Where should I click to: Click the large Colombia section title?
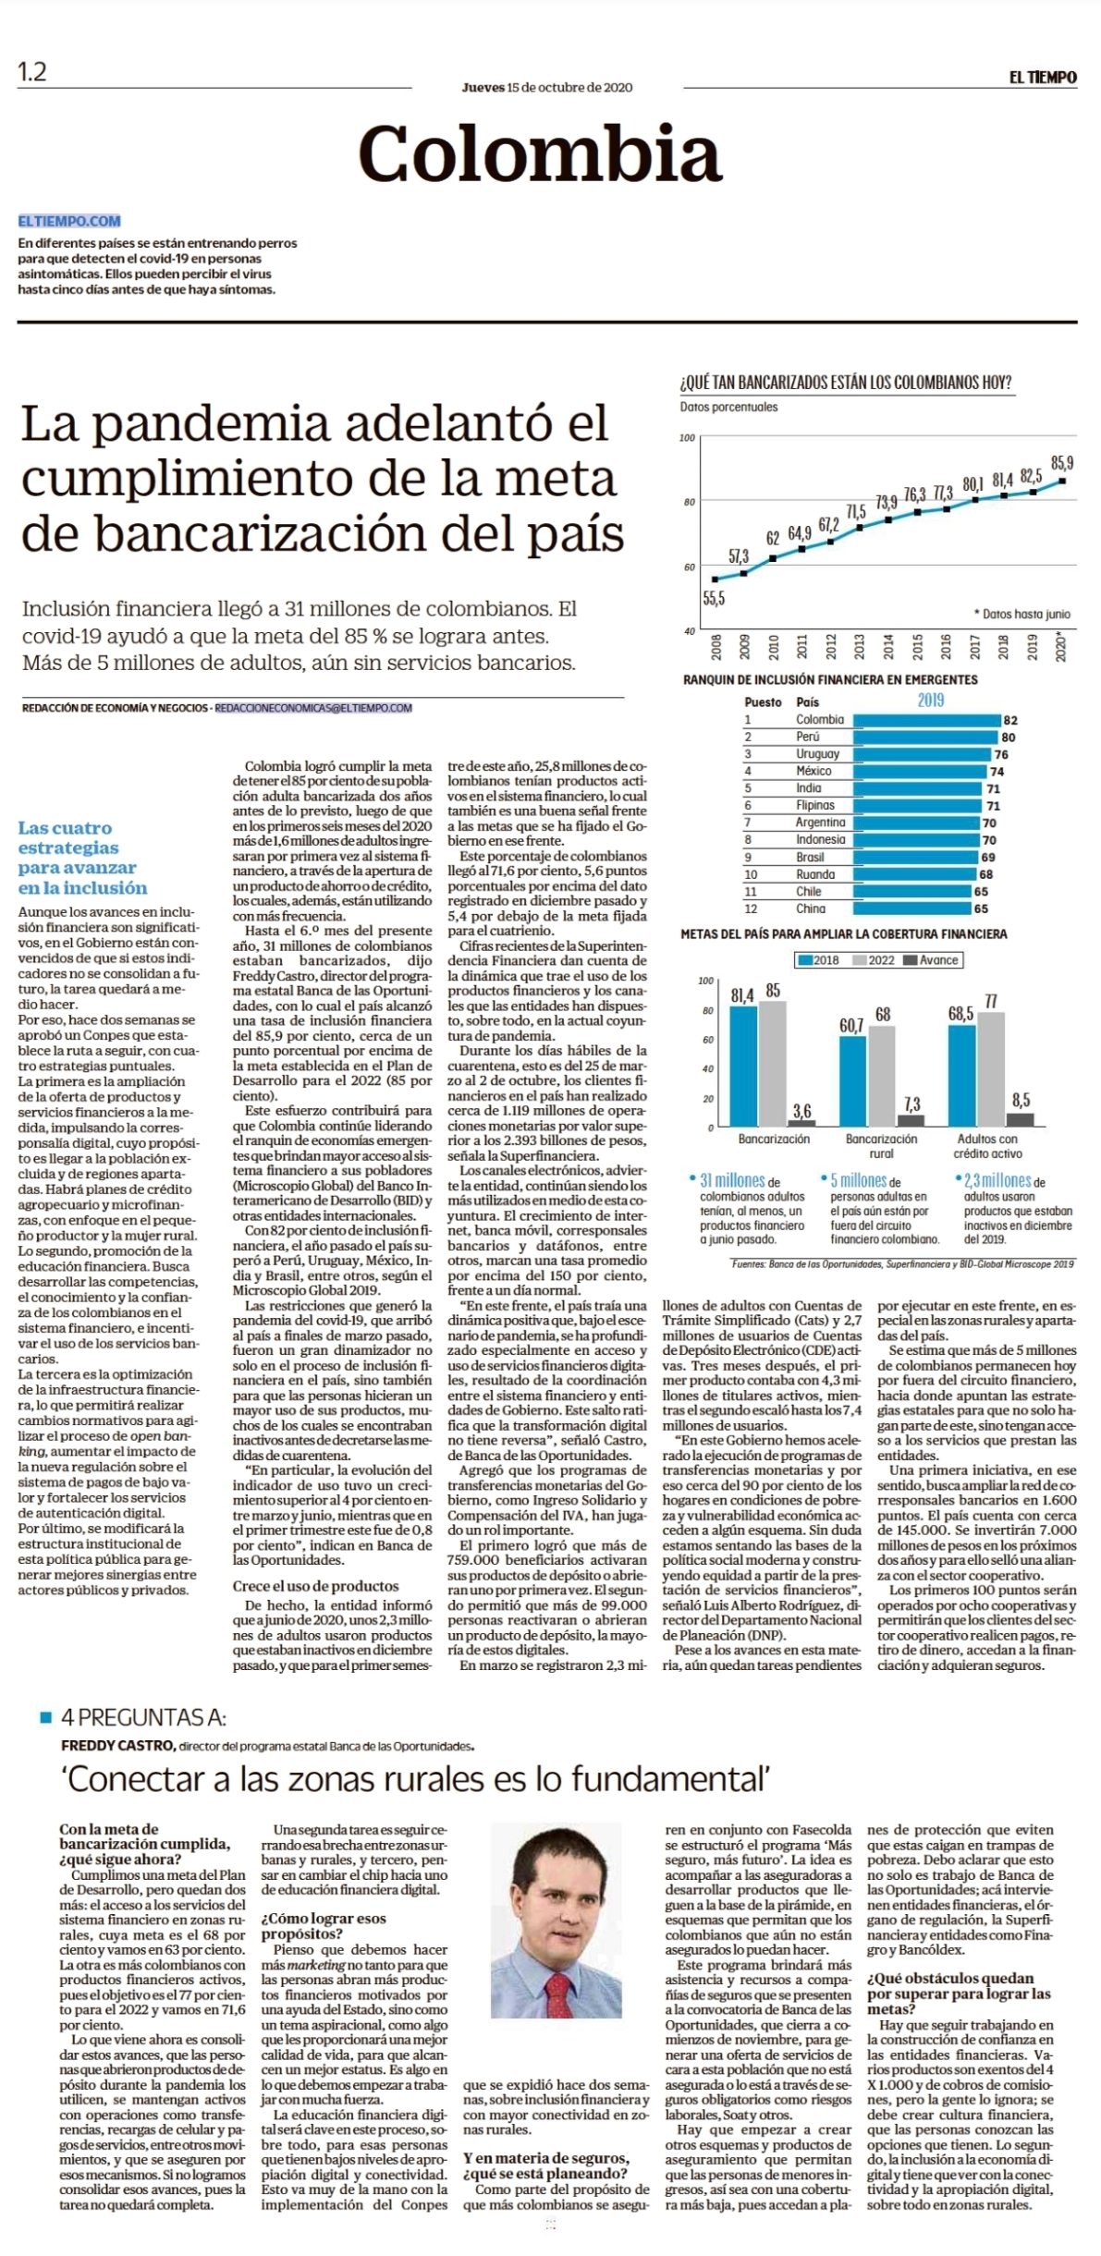point(539,153)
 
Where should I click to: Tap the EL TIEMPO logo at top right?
point(1043,78)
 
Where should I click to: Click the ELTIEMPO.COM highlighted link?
point(69,221)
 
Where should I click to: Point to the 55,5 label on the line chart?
point(714,598)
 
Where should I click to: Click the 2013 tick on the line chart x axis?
point(861,645)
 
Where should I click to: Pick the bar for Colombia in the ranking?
point(927,720)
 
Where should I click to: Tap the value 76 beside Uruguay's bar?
point(1001,754)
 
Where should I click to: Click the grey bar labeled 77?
point(991,1069)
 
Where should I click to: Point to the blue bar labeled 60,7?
point(852,1081)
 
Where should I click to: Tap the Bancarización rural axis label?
point(881,1146)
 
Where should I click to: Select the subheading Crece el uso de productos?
point(315,1585)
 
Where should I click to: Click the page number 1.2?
point(32,72)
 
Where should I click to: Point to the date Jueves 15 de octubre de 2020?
point(547,88)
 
